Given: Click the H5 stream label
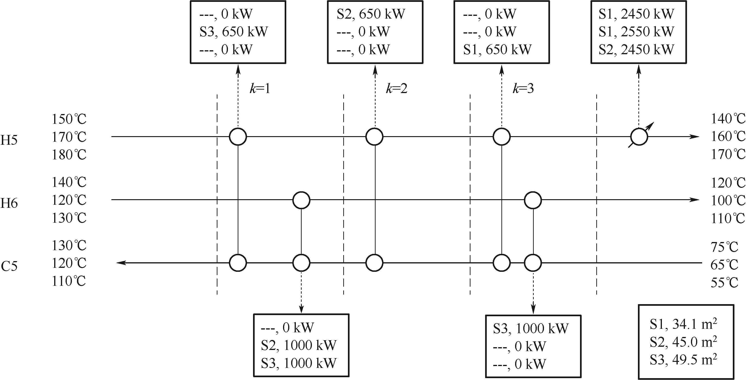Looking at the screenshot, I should point(9,140).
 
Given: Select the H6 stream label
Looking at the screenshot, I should point(9,203).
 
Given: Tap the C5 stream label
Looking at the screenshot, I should point(9,266).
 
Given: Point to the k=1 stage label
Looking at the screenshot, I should point(260,89).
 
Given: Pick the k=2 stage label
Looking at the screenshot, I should point(397,89).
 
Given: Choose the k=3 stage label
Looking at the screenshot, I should point(524,89).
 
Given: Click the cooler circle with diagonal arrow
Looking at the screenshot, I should point(639,137).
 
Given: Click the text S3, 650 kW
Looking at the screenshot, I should point(234,32).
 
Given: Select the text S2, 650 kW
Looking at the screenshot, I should point(371,14).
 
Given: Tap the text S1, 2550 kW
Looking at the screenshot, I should point(637,32).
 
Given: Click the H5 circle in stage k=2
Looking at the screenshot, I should point(374,137).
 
